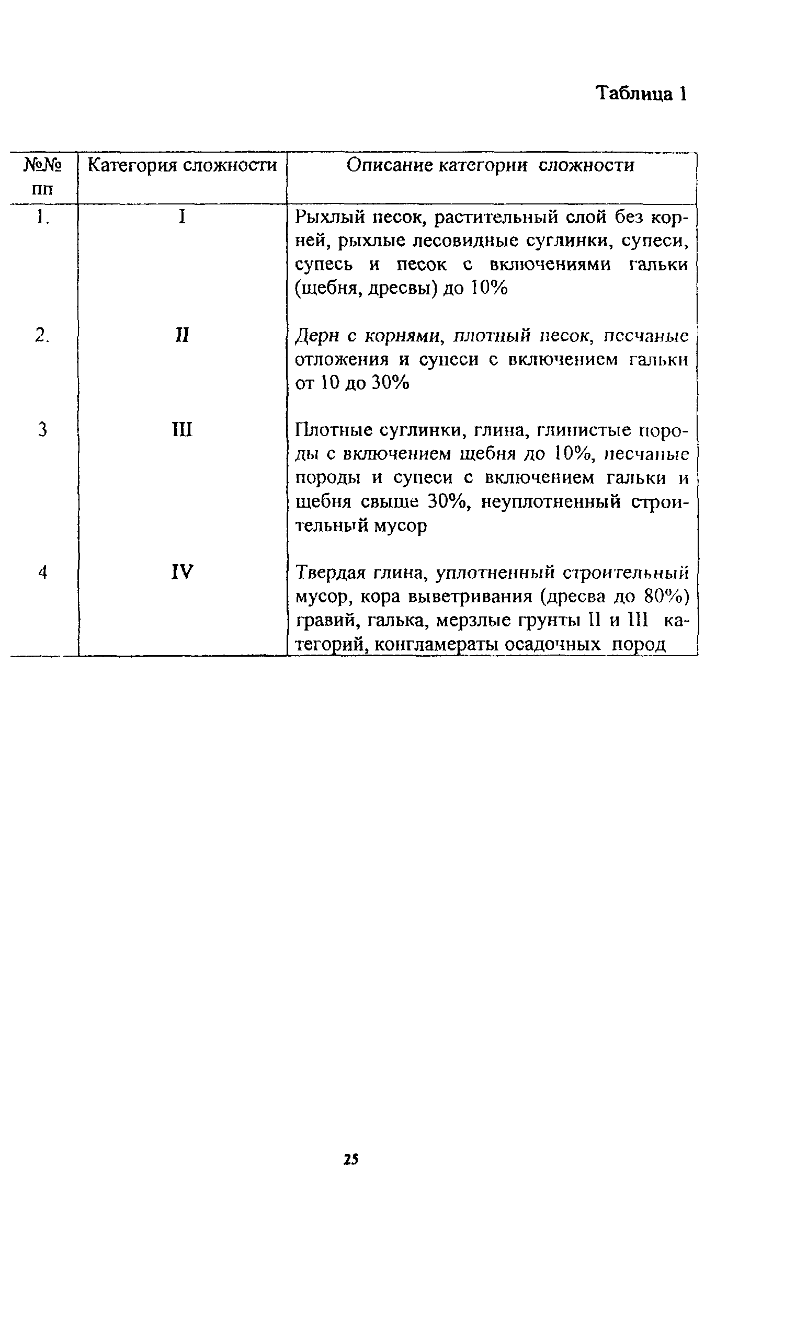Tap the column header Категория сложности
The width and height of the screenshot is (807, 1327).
coord(182,165)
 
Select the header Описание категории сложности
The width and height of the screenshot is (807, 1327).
coord(490,165)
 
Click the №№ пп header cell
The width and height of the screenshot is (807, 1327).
coord(42,176)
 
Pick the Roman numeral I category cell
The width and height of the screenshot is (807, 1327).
coord(182,217)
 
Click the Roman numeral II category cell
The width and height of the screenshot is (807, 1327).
coord(182,336)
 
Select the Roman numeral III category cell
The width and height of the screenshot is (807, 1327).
coord(182,430)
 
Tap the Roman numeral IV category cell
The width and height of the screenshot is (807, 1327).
coord(182,572)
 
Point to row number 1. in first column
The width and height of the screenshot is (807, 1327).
coord(42,217)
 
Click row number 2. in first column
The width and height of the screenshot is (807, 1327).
coord(42,336)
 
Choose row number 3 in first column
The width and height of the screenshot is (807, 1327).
coord(42,430)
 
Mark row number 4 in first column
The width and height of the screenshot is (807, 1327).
coord(42,572)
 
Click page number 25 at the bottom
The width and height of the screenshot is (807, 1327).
coord(350,1159)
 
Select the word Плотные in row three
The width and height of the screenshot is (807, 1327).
coord(334,430)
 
